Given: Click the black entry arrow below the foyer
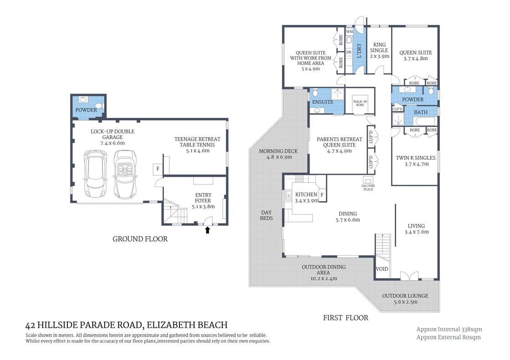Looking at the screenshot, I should tap(208, 230).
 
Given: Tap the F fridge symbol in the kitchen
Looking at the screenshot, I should tap(321, 195).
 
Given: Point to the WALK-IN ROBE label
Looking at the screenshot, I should tap(360, 103).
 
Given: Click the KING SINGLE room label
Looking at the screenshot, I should tap(379, 51).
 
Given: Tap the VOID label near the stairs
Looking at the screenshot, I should tap(382, 269).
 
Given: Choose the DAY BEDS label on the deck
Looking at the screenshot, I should tap(266, 215).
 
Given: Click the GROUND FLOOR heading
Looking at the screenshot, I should tap(140, 239).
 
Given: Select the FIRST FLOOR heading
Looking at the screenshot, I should tap(345, 318).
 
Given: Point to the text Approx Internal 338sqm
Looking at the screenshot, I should tap(449, 329).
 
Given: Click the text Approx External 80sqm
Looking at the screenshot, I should tap(449, 337).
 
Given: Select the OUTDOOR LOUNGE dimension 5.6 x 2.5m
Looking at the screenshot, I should tap(405, 302).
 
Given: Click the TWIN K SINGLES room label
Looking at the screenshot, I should tap(415, 158).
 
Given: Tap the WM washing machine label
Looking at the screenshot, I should tap(349, 32).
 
